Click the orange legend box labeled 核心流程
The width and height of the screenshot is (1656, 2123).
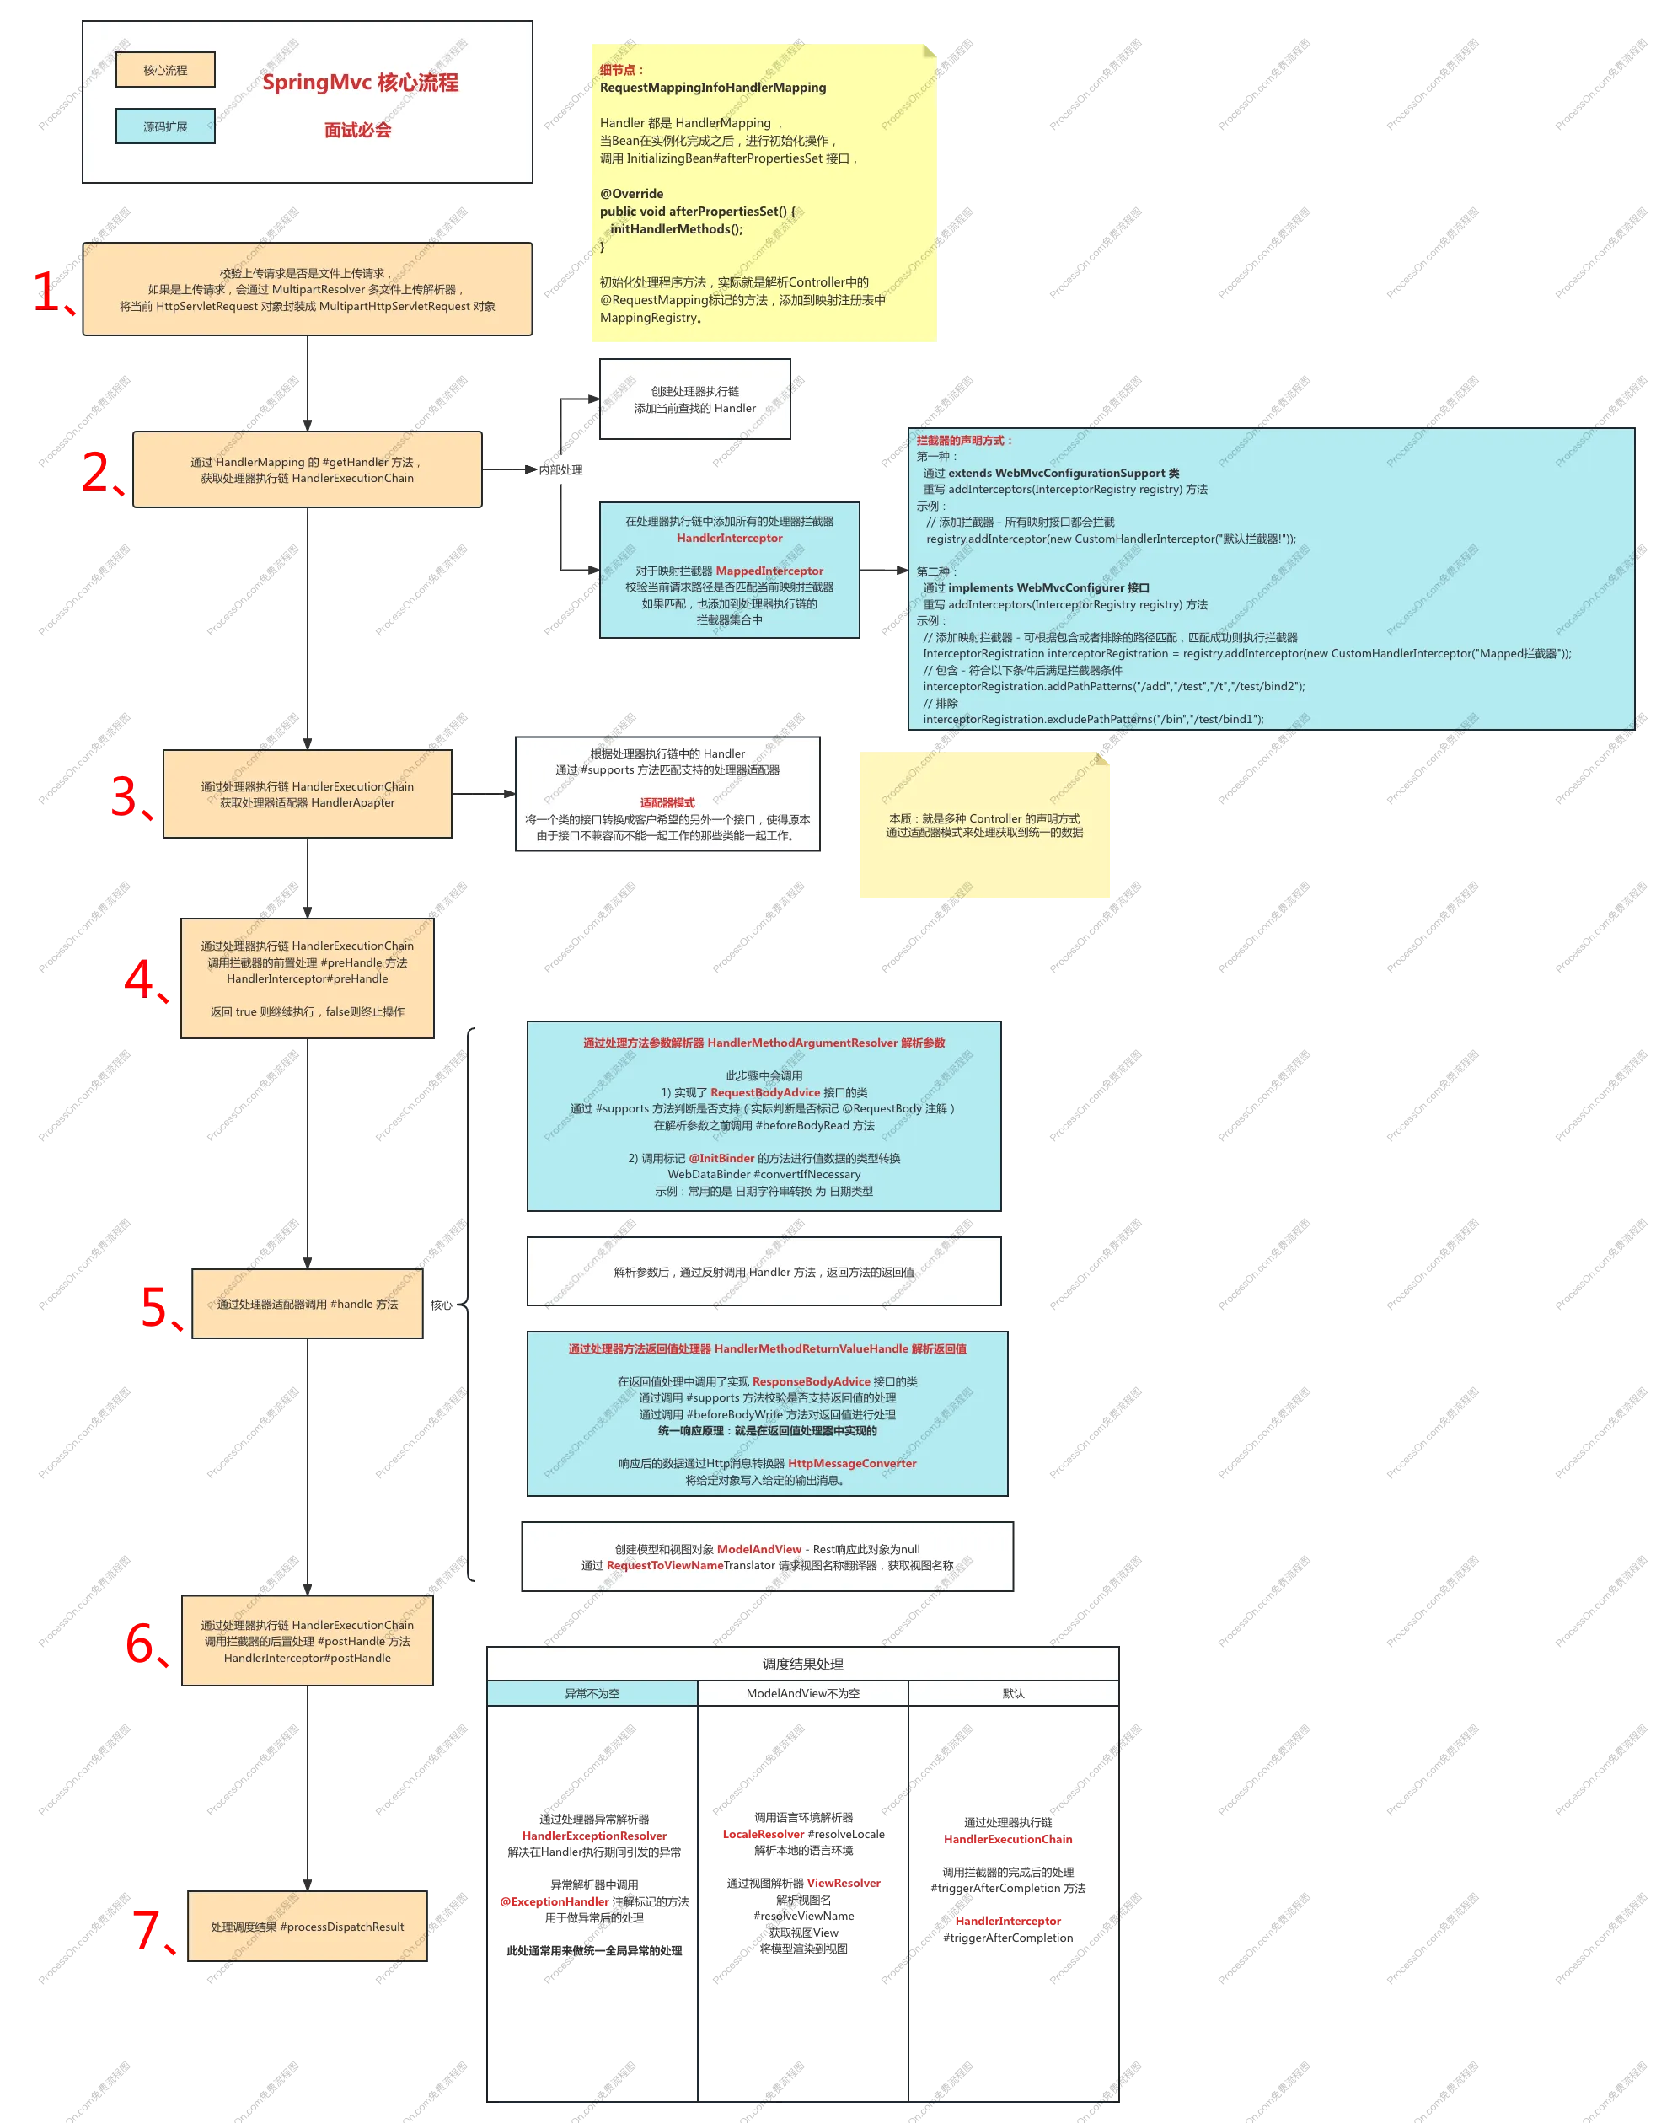point(165,70)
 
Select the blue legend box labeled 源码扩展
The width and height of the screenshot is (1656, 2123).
point(165,126)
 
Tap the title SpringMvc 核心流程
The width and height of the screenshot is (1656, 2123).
point(360,83)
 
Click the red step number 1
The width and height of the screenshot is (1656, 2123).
point(49,291)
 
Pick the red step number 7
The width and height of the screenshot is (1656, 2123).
point(147,1928)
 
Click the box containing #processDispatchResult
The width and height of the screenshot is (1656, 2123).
point(307,1927)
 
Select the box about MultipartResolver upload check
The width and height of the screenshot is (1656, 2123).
point(307,290)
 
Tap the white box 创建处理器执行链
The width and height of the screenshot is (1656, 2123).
point(695,399)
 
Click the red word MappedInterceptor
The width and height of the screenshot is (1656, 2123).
point(769,571)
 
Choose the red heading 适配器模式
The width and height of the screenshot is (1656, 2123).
point(667,803)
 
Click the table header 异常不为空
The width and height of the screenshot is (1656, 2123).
point(592,1693)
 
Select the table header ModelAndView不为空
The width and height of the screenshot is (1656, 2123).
point(803,1693)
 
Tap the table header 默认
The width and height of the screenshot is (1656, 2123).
point(1014,1693)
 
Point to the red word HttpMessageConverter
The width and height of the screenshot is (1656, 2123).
point(852,1463)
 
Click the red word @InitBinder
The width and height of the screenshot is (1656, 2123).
point(721,1158)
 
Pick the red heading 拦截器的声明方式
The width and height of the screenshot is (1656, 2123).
point(963,440)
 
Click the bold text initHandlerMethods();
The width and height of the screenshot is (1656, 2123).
point(677,229)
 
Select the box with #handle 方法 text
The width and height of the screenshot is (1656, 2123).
point(307,1305)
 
